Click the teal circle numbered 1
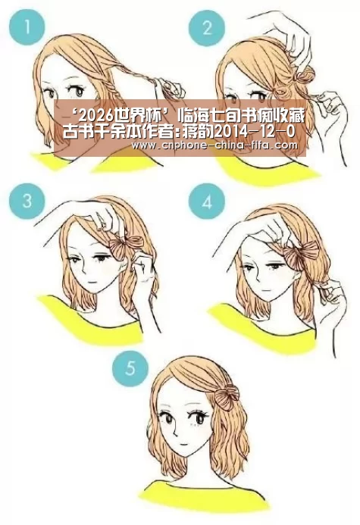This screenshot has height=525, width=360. click(27, 27)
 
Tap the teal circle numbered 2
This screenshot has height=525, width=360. click(207, 28)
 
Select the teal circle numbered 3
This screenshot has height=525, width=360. click(27, 201)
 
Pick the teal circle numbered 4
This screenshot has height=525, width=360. click(207, 201)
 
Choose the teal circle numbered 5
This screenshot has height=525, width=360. click(130, 368)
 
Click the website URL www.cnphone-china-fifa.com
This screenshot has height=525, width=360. click(214, 145)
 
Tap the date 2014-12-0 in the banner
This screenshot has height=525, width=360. click(255, 132)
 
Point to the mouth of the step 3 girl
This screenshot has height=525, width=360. click(93, 283)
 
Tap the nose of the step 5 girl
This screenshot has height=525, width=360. click(176, 430)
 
